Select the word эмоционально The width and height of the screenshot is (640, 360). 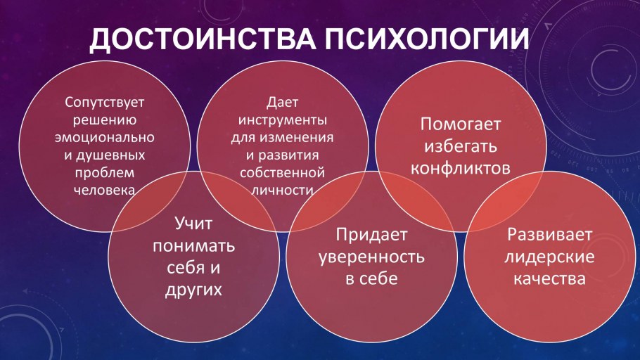coord(105,136)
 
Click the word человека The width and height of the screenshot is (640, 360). coord(104,189)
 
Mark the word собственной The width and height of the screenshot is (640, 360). coord(281,172)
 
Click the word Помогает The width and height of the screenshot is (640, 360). coord(461,124)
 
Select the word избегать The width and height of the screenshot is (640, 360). coord(460,147)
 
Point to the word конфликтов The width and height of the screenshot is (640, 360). coord(460,169)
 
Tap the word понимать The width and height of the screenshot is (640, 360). coord(193,247)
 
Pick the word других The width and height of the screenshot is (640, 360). coord(193,290)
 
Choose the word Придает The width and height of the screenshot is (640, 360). coord(372,234)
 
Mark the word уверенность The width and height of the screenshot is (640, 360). coord(372,256)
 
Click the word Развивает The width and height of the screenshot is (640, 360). coord(550,234)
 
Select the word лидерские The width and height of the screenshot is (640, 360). coord(550,256)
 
